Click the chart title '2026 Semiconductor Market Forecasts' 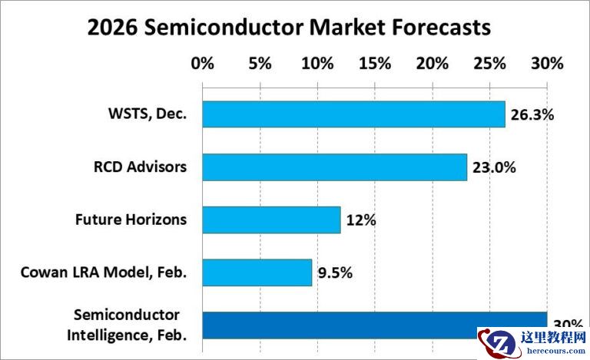[x=288, y=28]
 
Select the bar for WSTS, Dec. [x=353, y=114]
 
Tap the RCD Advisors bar [x=334, y=167]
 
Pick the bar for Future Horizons [x=271, y=220]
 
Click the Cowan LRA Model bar [x=257, y=272]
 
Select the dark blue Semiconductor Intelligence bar [x=374, y=325]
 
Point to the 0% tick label [x=203, y=63]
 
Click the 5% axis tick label [x=260, y=63]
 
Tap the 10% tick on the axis [x=317, y=63]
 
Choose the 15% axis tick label [x=375, y=63]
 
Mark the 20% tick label [x=432, y=63]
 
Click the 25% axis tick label [x=489, y=63]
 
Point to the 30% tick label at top [x=547, y=63]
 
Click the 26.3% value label [x=532, y=115]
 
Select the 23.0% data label [x=494, y=168]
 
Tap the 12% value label [x=360, y=221]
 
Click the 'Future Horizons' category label [x=131, y=220]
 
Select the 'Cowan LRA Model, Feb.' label [x=104, y=272]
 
